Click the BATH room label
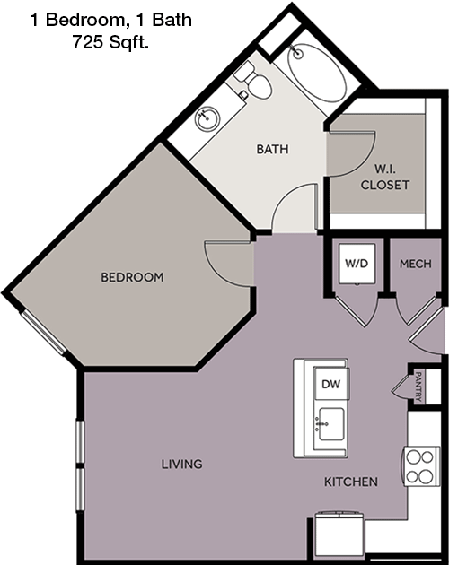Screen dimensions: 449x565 coord(272,149)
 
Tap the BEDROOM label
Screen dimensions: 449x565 coord(132,277)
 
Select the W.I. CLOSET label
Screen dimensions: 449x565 coord(385,177)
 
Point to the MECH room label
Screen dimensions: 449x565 coord(416,264)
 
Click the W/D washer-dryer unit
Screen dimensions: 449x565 coord(357,264)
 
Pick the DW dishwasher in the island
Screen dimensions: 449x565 coord(331,384)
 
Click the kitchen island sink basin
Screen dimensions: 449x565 coord(331,424)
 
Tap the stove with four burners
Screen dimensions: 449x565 coord(420,467)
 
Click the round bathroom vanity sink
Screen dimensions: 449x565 coord(207,118)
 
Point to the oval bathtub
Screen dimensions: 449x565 coord(317,73)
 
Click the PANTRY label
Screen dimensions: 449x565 coord(418,387)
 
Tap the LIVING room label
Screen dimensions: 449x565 coord(182,465)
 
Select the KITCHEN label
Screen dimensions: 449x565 coord(351,482)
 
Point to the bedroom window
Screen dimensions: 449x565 coord(43,332)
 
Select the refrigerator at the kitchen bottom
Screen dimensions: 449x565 coord(339,535)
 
